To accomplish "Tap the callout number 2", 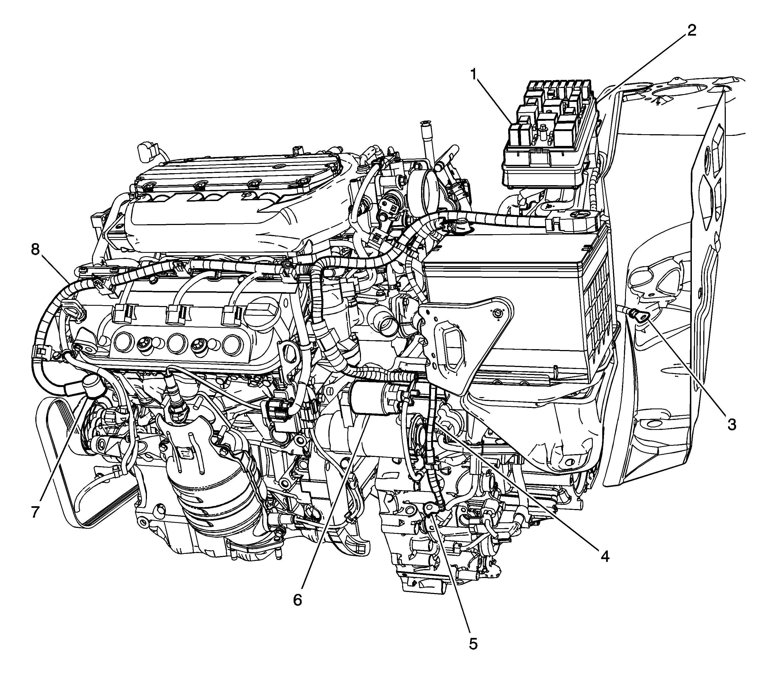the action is pyautogui.click(x=691, y=30).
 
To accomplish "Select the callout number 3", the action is pyautogui.click(x=732, y=424).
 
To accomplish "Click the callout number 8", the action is pyautogui.click(x=35, y=250).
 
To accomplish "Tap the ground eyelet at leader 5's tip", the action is pyautogui.click(x=431, y=507).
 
